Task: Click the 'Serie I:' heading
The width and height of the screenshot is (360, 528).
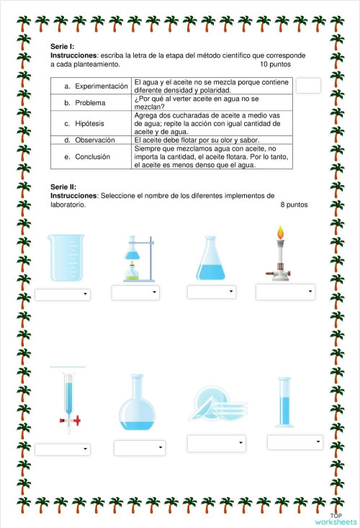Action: click(x=63, y=45)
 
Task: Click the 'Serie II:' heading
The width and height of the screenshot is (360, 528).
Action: click(x=63, y=186)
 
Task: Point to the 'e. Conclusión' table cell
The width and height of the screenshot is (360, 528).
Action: click(x=93, y=156)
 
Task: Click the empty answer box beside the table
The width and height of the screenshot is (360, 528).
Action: click(x=308, y=85)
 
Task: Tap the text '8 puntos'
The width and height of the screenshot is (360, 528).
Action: click(x=294, y=205)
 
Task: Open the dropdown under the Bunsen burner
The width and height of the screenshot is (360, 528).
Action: click(x=285, y=292)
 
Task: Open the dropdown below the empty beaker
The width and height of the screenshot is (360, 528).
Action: click(x=63, y=295)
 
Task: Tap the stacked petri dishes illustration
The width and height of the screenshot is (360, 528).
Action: click(x=214, y=403)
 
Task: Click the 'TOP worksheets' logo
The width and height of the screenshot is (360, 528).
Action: click(x=335, y=519)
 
